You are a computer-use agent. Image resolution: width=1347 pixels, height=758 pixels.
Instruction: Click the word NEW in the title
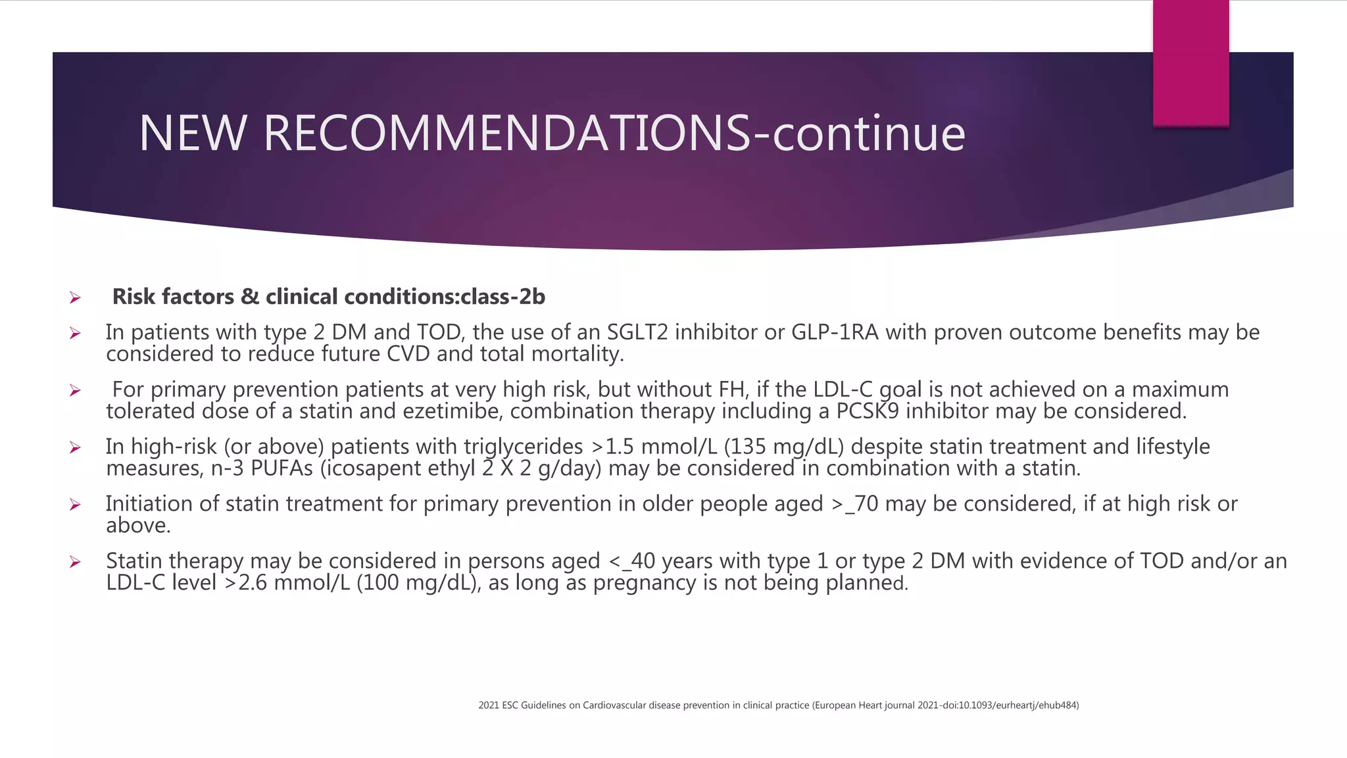192,134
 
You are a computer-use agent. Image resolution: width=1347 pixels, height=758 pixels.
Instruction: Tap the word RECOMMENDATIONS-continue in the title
614,134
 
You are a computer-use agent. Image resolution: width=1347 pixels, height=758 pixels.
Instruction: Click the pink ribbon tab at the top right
1190,63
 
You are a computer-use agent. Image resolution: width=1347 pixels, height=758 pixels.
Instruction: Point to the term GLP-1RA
835,332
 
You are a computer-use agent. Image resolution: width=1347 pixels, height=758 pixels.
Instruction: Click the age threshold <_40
632,561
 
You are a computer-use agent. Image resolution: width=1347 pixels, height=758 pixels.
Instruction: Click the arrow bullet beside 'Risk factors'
75,298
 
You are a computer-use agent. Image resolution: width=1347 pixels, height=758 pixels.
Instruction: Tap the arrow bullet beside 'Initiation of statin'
75,505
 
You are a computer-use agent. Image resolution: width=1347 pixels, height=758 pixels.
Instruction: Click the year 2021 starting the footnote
489,705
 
